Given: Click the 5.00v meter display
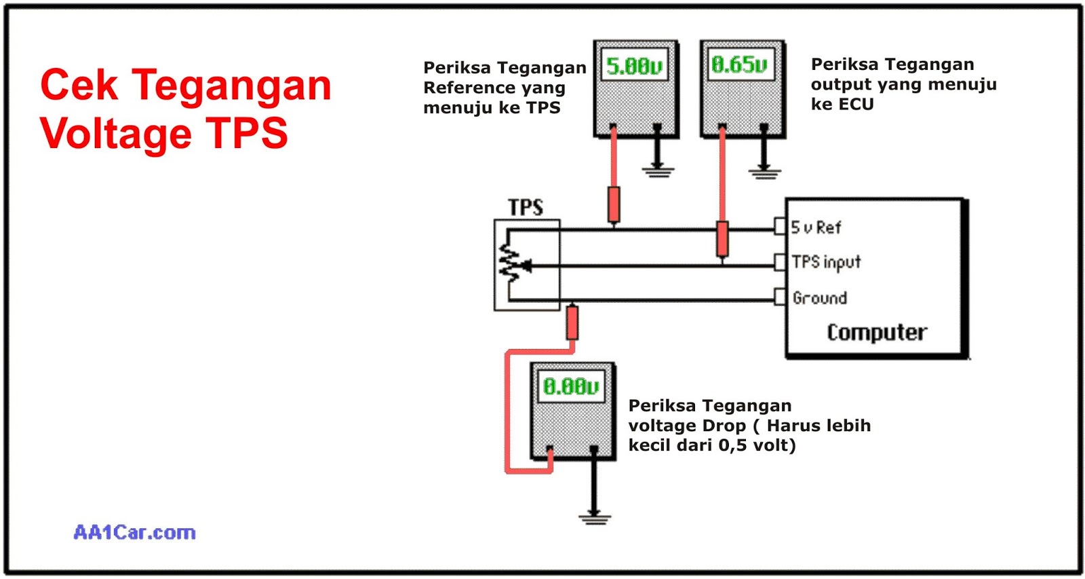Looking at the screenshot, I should click(634, 66).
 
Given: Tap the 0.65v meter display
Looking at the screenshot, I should click(740, 64).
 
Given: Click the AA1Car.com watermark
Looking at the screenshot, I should click(134, 532).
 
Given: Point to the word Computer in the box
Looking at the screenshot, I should click(876, 332).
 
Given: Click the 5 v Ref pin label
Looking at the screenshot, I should click(816, 227).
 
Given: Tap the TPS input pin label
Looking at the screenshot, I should click(826, 262).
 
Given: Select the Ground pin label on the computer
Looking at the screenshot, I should click(820, 298).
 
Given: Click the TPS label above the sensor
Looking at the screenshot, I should click(526, 207).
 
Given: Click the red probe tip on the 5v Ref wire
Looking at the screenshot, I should click(614, 205).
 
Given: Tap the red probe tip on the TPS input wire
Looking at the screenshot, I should click(722, 239).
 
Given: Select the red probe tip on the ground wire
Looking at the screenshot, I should click(572, 323).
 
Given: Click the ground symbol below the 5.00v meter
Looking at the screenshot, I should click(657, 170).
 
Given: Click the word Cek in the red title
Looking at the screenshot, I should click(79, 86).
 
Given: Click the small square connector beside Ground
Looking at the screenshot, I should click(780, 297).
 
